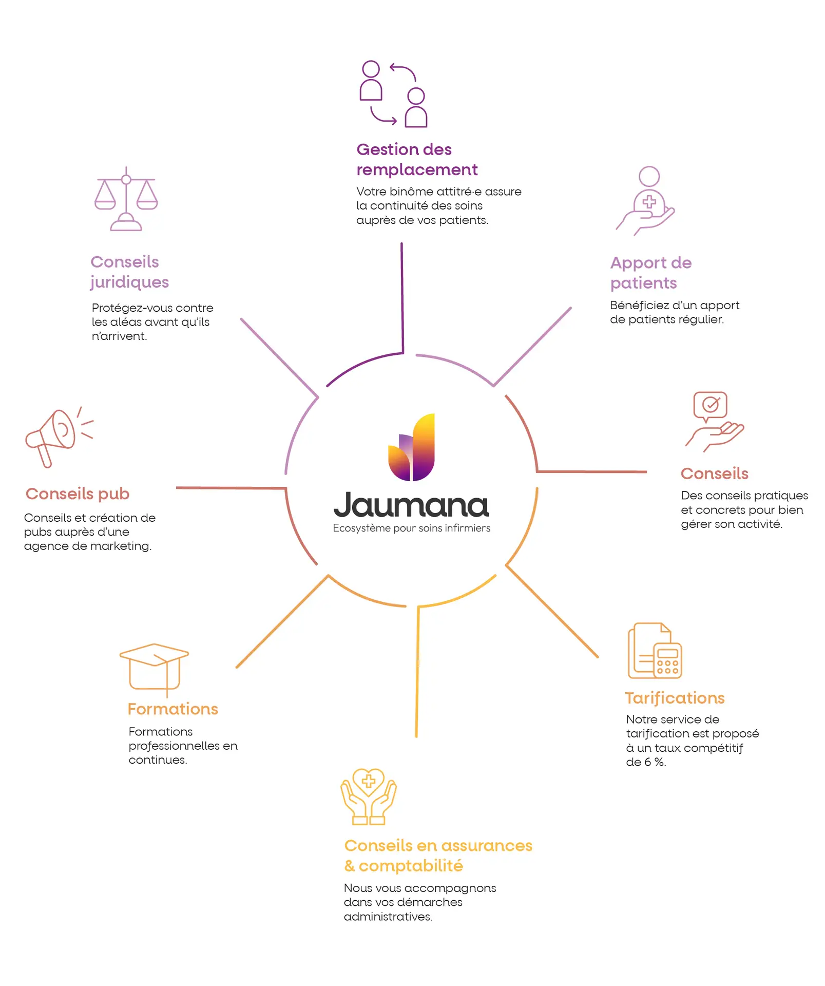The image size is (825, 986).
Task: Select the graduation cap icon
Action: coord(154,668)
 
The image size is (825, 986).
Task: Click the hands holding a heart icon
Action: coord(369,796)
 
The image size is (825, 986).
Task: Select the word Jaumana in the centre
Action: coord(411,505)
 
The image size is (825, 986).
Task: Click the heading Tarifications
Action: coord(675,698)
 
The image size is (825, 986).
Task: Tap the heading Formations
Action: coord(173,709)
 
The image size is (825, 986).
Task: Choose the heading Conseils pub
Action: coord(78,494)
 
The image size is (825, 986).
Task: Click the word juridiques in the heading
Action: coord(130,282)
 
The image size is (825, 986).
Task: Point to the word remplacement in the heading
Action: coord(417,169)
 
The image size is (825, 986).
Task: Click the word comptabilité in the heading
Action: coord(411,866)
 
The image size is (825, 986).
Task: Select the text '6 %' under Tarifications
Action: coord(655,762)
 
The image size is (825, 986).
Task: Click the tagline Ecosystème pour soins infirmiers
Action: coord(411,528)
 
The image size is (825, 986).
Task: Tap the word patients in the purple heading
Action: coord(643,283)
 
